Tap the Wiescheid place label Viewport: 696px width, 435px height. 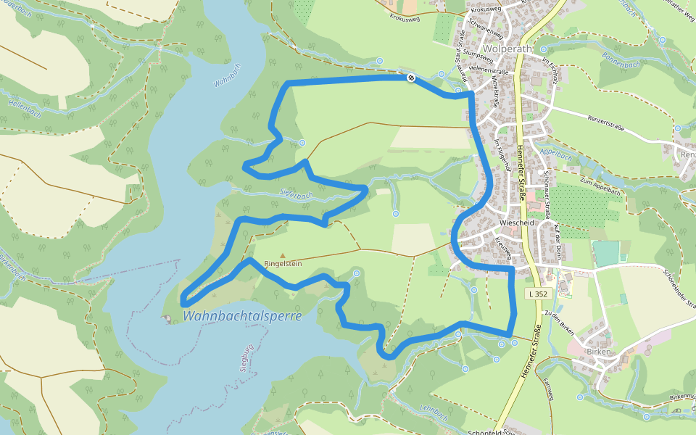(517, 223)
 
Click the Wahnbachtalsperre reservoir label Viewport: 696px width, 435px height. (242, 316)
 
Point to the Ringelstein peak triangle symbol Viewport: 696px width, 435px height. (282, 255)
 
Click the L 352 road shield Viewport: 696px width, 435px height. (537, 294)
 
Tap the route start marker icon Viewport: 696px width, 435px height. (411, 78)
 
